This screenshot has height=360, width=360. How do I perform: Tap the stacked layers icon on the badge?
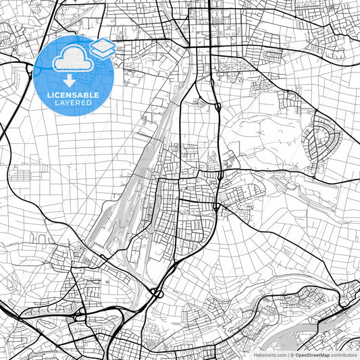coord(102,49)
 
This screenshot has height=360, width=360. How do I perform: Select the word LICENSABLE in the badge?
coord(73,95)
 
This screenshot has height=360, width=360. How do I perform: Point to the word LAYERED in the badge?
coord(73,103)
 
